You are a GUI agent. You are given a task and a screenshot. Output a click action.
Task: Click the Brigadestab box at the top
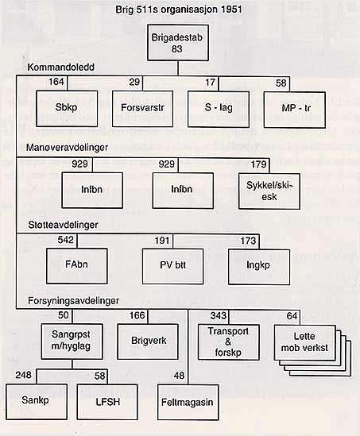coord(178,43)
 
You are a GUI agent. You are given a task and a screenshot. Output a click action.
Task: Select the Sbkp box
coord(67,109)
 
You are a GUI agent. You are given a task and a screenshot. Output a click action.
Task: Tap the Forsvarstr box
coord(142,109)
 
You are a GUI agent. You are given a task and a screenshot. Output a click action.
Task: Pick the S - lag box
coord(219,109)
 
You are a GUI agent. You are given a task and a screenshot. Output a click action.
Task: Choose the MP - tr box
coord(295,110)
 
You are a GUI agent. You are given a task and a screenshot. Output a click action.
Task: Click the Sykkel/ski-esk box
coord(269,191)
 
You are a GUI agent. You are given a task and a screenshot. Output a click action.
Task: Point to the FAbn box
coord(77,266)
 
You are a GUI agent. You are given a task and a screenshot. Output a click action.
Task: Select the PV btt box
coord(172,266)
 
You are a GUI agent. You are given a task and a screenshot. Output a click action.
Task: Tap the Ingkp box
coord(259,267)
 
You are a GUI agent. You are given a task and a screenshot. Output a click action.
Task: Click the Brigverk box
coord(148,341)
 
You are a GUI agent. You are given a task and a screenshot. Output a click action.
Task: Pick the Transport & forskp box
coord(229,342)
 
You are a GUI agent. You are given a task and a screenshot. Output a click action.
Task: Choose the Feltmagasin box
coord(188,402)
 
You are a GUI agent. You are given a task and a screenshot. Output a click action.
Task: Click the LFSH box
coord(107,402)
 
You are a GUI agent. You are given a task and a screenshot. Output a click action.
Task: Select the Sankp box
coord(37,402)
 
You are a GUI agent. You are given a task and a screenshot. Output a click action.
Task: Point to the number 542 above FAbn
coord(66,240)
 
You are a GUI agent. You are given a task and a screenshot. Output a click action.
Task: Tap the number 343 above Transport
coord(219,315)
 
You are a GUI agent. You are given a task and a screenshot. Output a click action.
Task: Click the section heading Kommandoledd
coord(61,68)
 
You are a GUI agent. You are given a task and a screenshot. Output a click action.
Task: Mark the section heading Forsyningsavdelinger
coord(73,301)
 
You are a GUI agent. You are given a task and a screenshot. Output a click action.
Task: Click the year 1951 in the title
coord(231,10)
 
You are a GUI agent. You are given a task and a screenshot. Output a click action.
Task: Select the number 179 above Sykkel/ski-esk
coord(259,164)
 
